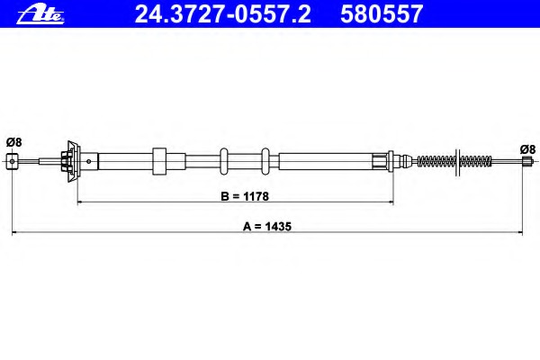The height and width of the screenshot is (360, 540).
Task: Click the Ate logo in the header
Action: tap(40, 15)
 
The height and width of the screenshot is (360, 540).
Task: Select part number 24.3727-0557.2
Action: tap(223, 14)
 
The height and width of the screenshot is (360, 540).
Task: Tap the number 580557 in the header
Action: tap(382, 14)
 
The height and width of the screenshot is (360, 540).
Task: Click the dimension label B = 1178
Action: tap(245, 196)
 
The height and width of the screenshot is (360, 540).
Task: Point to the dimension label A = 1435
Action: tap(267, 226)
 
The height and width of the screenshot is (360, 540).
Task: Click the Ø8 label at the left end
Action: tap(14, 142)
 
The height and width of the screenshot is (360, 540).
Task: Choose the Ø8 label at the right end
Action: tap(528, 149)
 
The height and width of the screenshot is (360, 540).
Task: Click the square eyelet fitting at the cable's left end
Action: tap(13, 161)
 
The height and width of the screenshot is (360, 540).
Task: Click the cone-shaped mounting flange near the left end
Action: tap(72, 161)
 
